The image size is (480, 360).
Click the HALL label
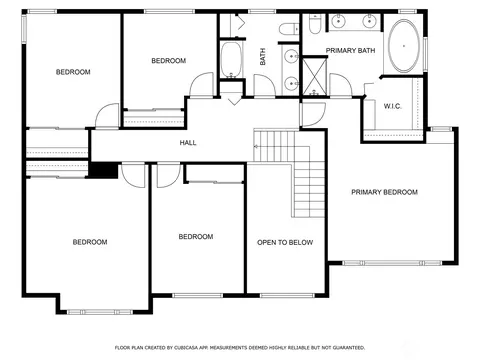188,143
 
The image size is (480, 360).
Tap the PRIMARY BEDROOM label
384,192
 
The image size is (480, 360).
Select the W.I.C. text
392,106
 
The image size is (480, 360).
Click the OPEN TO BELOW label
285,242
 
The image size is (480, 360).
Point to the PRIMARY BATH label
350,50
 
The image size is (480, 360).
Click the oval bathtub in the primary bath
404,46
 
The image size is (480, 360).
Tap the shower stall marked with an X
314,76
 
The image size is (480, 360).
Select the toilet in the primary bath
314,24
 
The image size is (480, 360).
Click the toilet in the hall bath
289,29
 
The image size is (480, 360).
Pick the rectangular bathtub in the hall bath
231,60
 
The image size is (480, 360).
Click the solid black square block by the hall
104,170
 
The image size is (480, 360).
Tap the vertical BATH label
263,56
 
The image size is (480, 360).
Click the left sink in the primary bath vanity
339,21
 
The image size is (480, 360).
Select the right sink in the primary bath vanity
370,21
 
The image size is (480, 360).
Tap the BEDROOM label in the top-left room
73,72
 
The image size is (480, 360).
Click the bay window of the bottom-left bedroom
100,312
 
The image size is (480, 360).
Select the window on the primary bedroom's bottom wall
392,263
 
